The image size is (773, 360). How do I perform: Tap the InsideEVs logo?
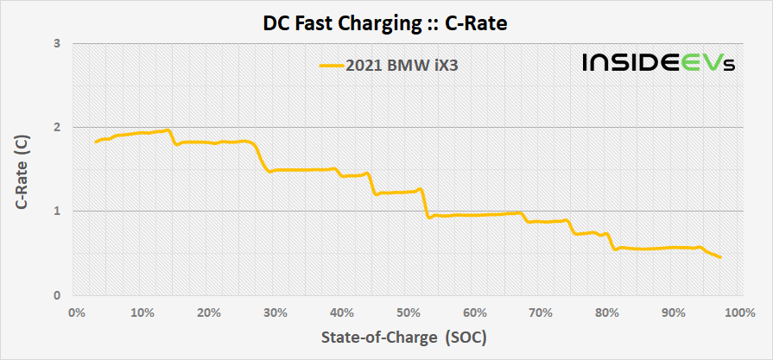coord(658,62)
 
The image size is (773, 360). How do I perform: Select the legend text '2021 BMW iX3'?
coord(401,64)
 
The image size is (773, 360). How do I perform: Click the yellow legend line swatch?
coord(331,64)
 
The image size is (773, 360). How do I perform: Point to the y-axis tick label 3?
coord(58,43)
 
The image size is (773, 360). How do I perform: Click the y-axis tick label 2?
coord(58,127)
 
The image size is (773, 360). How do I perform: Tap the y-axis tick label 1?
coord(58,212)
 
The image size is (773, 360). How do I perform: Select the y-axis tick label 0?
coord(58,295)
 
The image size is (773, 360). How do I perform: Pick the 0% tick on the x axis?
coord(76,312)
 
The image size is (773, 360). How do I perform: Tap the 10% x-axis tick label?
coord(143,312)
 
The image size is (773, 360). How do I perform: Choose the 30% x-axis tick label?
coord(276,312)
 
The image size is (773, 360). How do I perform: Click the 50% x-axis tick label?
coord(409,312)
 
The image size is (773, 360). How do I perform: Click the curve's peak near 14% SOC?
coord(168,129)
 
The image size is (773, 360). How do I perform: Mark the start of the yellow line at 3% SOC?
coord(96,142)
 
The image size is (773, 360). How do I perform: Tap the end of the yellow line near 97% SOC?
coord(720,257)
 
